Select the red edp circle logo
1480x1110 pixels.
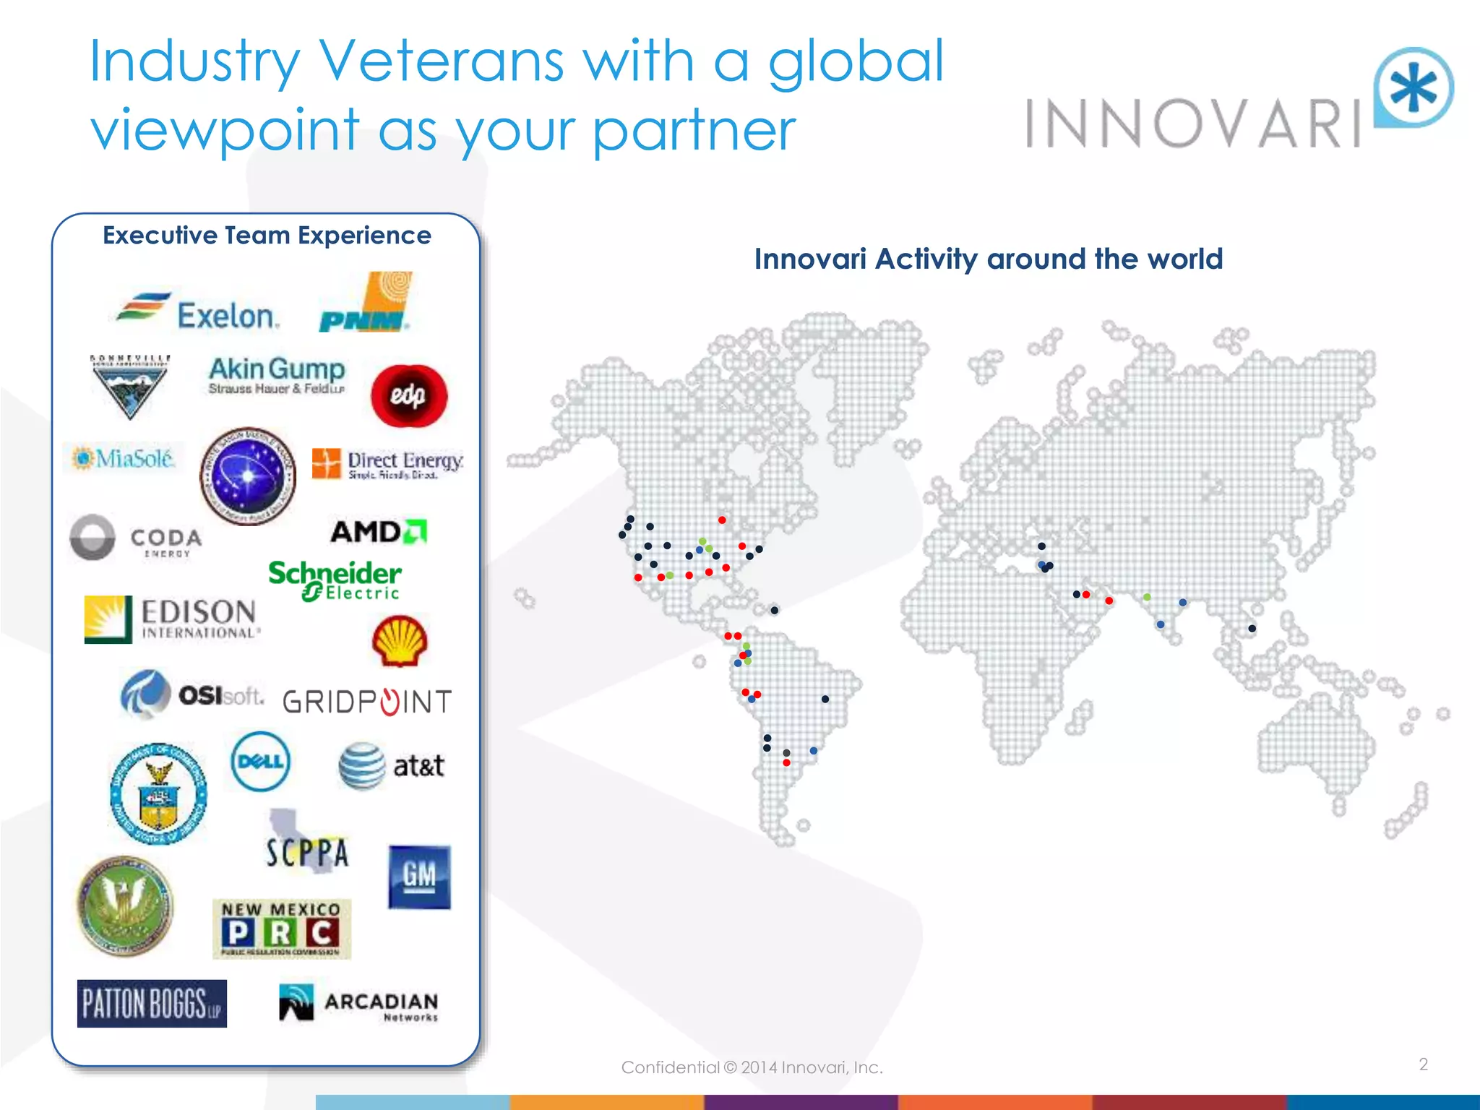(x=409, y=395)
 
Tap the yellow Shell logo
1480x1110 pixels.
(x=399, y=640)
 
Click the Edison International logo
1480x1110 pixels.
(x=171, y=619)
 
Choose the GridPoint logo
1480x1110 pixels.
(x=367, y=701)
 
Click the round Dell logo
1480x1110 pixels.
(x=261, y=762)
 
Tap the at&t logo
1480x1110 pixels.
(x=391, y=765)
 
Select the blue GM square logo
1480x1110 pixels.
(x=419, y=877)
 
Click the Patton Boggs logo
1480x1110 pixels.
(x=152, y=1003)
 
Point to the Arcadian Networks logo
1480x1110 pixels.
(x=359, y=1003)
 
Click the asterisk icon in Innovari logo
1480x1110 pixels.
(x=1414, y=88)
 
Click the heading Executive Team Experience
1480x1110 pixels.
(x=267, y=236)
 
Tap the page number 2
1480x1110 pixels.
(x=1423, y=1064)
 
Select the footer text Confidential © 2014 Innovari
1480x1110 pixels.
(x=752, y=1067)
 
